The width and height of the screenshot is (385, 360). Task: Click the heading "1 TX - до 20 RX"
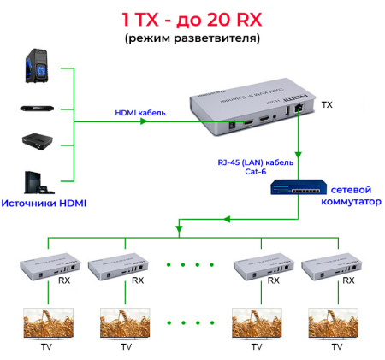(192, 18)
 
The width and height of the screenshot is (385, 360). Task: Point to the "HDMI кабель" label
(140, 112)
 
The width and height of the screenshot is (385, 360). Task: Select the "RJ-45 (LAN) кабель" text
(256, 162)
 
